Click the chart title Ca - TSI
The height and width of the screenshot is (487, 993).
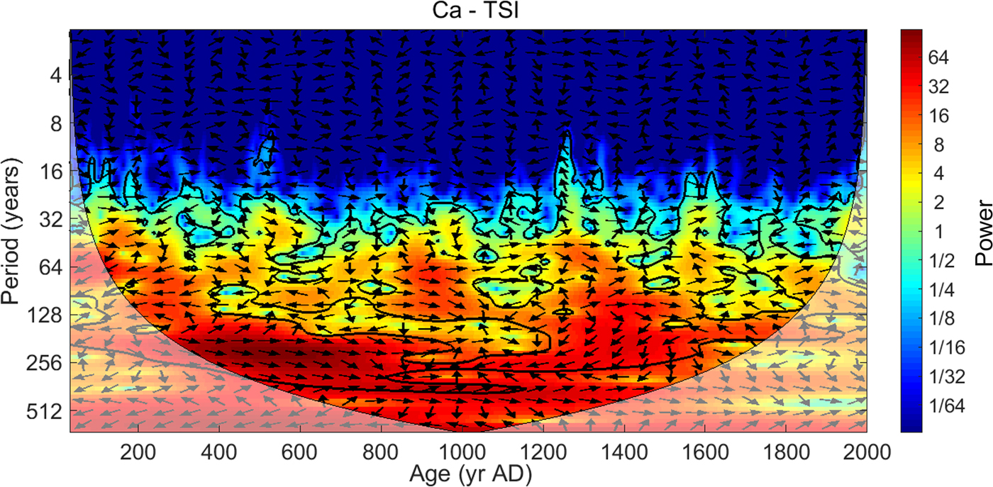(x=468, y=13)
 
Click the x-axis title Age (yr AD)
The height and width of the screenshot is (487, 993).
(x=468, y=471)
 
